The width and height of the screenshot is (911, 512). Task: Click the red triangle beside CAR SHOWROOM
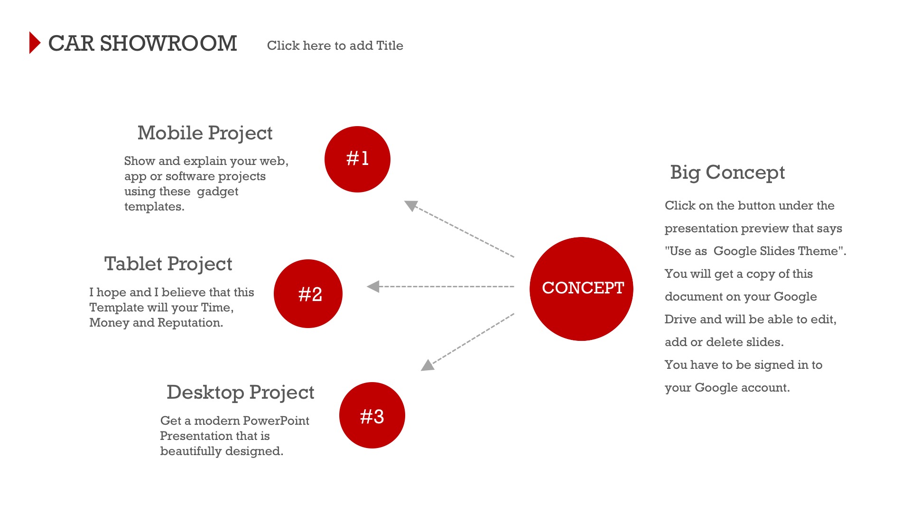34,43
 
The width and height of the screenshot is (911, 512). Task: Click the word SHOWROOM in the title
168,44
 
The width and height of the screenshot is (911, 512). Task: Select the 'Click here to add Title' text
335,46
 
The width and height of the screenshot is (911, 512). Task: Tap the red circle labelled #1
357,159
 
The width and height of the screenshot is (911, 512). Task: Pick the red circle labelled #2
308,293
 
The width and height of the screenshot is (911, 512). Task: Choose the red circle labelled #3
372,415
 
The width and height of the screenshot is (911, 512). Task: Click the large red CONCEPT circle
581,289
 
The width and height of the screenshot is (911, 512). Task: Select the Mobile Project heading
205,133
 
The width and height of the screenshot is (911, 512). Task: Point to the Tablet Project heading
168,264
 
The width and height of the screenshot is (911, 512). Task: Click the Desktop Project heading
241,393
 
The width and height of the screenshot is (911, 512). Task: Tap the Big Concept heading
727,173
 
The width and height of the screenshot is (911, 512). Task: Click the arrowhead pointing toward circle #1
411,206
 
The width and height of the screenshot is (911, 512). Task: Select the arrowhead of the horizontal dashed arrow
373,286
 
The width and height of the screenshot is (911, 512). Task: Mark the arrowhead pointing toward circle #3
428,365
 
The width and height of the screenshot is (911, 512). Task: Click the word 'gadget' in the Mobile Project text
218,192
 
